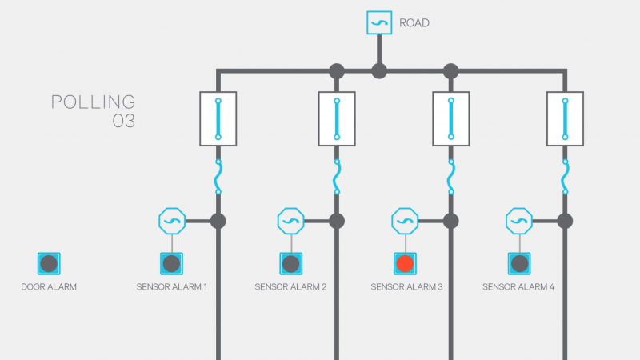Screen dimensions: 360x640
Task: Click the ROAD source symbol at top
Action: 379,22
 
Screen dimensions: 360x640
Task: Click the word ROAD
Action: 414,23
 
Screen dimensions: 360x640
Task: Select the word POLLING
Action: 93,102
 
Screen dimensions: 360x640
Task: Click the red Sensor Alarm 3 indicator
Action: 406,263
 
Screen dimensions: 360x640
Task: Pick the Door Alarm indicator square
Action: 49,263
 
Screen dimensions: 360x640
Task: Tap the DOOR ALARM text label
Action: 49,286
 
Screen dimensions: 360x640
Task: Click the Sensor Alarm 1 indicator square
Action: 172,263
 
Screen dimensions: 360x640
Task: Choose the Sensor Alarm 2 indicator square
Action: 290,263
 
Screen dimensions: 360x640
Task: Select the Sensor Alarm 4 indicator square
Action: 519,263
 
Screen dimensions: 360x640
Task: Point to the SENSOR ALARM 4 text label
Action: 519,286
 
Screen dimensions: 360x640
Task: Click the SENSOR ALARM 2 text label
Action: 290,286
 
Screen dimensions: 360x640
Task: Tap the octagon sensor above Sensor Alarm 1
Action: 172,220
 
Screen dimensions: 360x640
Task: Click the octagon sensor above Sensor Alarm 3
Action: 406,220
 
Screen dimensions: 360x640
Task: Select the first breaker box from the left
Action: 218,118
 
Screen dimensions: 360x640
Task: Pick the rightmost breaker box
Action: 566,118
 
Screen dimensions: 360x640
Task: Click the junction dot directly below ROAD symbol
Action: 379,71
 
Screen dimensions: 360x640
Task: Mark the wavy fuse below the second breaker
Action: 337,177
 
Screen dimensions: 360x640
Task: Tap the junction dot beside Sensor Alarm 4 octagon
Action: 565,220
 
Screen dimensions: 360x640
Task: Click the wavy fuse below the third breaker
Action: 451,177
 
